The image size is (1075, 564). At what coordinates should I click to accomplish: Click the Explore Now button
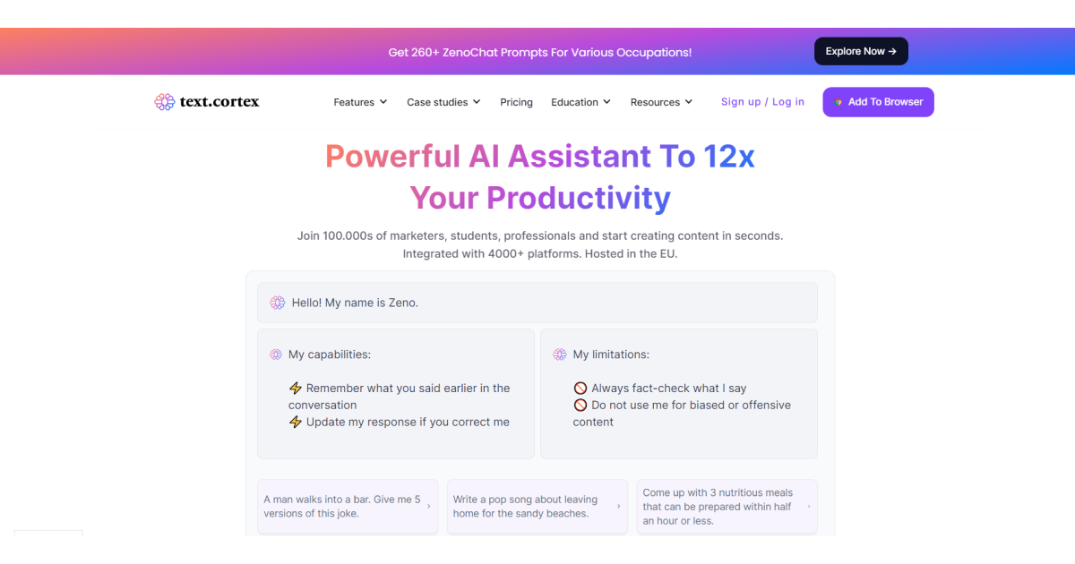click(861, 51)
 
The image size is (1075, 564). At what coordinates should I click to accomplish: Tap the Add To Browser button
click(878, 102)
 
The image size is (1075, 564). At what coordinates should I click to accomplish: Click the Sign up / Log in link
click(762, 102)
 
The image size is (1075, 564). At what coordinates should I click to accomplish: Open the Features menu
click(360, 102)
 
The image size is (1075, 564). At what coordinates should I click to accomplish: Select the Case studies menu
click(443, 102)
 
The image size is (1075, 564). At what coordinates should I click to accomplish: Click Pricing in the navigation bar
click(516, 102)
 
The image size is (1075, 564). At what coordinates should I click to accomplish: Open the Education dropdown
click(580, 102)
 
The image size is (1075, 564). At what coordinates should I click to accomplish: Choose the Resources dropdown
click(661, 102)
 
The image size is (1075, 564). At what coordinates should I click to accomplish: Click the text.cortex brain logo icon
click(165, 102)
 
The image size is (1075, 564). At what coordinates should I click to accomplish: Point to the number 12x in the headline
click(729, 157)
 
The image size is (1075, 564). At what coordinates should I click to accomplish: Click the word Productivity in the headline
click(579, 198)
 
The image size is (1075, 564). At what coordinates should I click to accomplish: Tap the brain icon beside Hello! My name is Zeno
click(278, 303)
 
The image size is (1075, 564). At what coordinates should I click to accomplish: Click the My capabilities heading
click(330, 355)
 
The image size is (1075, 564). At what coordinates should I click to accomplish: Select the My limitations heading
click(611, 355)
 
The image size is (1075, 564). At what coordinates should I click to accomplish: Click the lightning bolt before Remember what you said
click(295, 388)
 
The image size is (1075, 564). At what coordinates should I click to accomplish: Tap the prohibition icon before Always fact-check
click(580, 388)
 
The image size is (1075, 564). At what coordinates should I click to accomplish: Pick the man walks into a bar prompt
click(348, 507)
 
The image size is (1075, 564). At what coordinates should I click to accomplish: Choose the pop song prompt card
click(537, 507)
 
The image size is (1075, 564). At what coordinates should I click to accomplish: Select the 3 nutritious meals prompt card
click(727, 507)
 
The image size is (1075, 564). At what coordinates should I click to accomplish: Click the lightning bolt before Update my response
click(295, 422)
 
